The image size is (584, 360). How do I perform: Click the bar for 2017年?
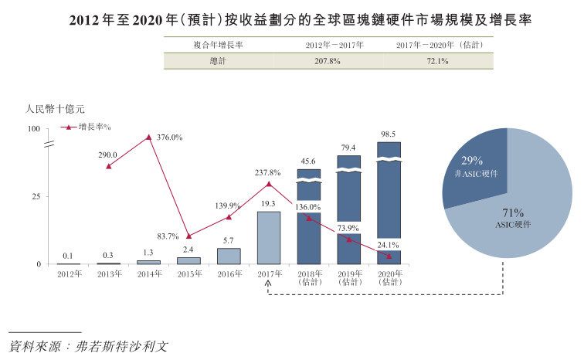coord(269,238)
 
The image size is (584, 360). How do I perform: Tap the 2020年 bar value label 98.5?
coord(389,134)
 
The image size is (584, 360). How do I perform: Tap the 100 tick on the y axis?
coord(33,128)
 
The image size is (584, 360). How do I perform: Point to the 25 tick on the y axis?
coord(36,196)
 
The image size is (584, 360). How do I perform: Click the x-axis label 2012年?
coord(69,275)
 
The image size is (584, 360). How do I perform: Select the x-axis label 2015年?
coord(188,275)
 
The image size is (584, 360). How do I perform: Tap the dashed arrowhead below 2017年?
coord(269,285)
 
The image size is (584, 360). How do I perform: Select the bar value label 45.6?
coord(309,161)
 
